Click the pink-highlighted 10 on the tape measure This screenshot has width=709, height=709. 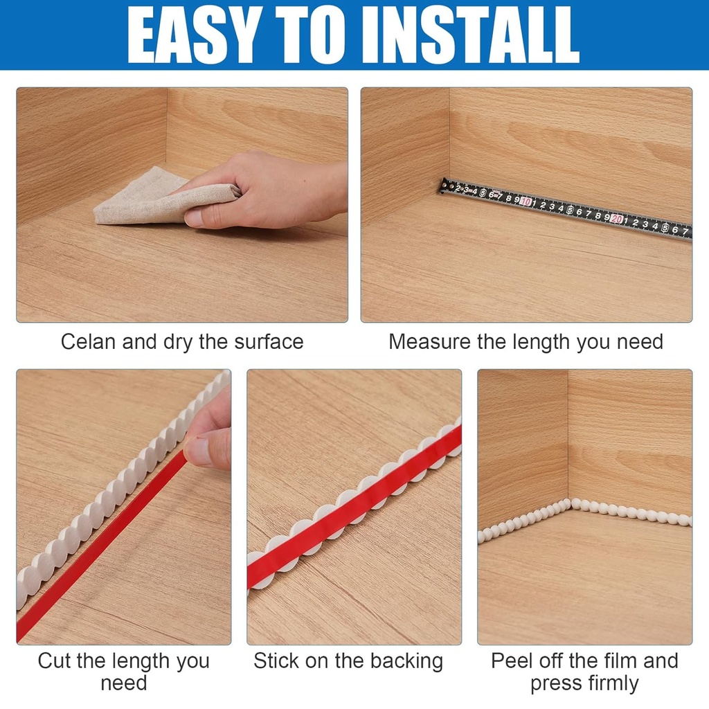point(526,202)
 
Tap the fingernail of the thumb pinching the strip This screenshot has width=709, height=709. point(199,450)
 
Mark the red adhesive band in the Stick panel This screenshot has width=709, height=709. point(353,505)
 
